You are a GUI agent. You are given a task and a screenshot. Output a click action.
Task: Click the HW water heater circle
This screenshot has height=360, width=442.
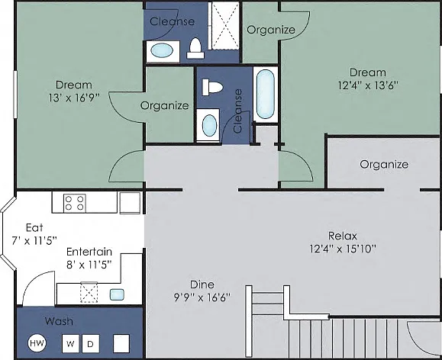point(37,342)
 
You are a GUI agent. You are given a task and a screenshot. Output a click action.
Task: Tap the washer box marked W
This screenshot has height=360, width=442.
point(70,343)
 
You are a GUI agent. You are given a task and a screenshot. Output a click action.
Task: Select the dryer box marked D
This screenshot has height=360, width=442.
point(91,343)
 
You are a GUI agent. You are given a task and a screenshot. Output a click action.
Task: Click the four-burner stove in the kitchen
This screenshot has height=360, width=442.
point(74,203)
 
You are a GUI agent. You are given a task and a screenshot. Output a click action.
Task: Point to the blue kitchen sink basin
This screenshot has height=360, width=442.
point(117,294)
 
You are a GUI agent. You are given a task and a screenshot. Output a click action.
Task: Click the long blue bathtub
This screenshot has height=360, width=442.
point(265,95)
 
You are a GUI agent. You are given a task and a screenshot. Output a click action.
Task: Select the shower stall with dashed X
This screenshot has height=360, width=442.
point(224,25)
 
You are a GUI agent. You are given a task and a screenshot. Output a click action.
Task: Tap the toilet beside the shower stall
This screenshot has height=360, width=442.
point(195,48)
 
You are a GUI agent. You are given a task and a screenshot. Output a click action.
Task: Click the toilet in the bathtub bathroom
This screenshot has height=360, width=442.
point(212,87)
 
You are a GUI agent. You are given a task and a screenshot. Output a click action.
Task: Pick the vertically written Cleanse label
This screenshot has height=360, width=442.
point(238,111)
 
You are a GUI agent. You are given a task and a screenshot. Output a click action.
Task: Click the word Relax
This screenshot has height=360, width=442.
point(343,236)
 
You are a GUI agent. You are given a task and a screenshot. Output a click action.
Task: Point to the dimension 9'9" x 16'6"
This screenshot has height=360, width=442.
point(202,297)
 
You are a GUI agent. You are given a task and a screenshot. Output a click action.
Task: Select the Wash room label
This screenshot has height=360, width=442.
point(59,321)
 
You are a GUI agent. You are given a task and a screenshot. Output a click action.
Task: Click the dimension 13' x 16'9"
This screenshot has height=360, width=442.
point(74,98)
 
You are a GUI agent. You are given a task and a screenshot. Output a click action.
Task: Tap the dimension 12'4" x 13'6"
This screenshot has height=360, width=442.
point(368,85)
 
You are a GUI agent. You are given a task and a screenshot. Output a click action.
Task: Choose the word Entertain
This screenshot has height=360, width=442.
point(89,252)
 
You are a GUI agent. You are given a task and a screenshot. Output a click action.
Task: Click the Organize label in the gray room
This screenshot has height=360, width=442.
point(384,165)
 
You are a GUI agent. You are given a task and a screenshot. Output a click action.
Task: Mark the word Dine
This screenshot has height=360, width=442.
point(202,284)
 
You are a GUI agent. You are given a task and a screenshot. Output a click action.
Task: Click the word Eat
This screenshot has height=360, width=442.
point(34,227)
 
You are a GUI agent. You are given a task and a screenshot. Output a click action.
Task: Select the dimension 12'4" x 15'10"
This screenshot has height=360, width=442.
point(343,249)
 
